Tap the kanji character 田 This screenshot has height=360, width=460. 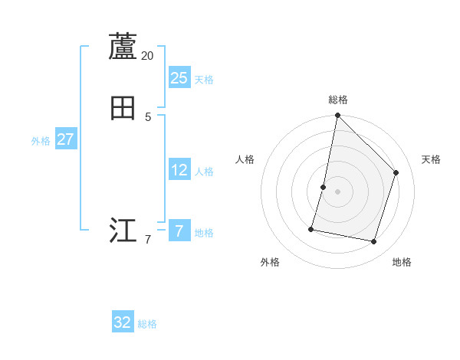[x=123, y=109]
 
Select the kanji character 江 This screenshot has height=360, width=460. [x=123, y=230]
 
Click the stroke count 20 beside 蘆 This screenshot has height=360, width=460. [x=147, y=56]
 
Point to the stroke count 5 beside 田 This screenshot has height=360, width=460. [x=148, y=116]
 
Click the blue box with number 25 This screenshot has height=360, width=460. [x=179, y=77]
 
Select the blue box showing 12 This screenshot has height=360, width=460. [x=179, y=170]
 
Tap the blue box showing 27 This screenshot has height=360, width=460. [x=65, y=139]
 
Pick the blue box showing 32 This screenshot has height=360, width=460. [x=123, y=322]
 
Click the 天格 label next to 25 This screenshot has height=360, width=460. [x=204, y=79]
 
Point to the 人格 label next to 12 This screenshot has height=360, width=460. [x=204, y=172]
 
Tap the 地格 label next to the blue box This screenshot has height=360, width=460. [x=204, y=233]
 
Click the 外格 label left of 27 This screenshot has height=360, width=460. [x=41, y=141]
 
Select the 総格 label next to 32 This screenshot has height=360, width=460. [x=147, y=324]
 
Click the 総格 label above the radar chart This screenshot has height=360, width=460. [x=337, y=100]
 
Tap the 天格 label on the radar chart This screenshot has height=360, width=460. [x=431, y=159]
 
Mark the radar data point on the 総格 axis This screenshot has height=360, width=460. [x=337, y=115]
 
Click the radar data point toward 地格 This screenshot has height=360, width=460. [x=373, y=242]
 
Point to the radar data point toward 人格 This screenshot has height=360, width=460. [x=324, y=187]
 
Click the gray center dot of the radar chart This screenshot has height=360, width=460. [x=337, y=191]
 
